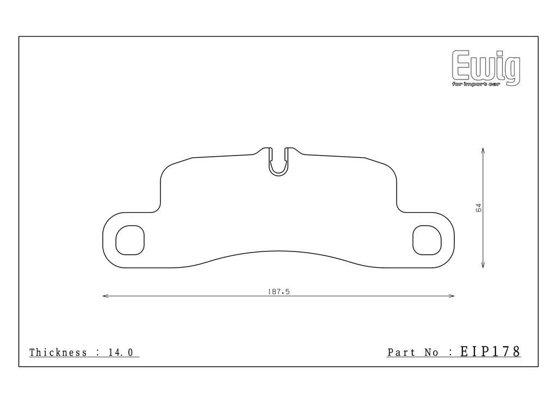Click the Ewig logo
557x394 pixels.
pos(486,67)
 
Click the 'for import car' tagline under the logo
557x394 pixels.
pos(476,84)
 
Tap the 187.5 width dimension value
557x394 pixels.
pos(279,292)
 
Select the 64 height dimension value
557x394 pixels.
pos(478,207)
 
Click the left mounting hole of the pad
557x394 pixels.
pos(130,240)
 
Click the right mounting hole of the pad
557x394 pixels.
pos(427,240)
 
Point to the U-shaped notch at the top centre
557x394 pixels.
pos(278,174)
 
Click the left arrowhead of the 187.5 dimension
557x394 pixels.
pos(106,295)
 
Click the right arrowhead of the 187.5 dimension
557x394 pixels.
pos(451,295)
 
